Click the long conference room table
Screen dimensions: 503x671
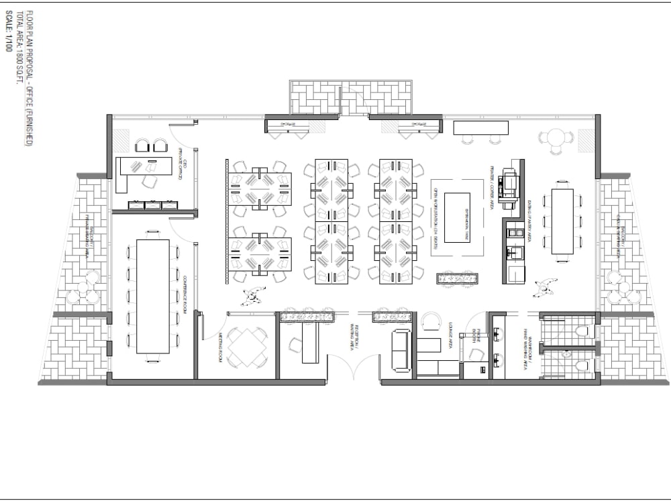(x=153, y=296)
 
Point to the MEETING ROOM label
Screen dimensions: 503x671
(x=219, y=348)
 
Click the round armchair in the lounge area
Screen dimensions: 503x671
(x=429, y=323)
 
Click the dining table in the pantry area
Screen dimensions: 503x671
(x=562, y=221)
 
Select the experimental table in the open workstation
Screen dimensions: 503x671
(x=458, y=217)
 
